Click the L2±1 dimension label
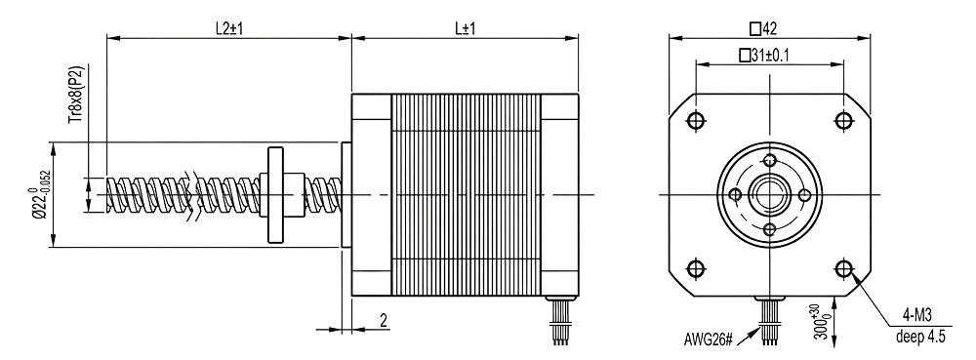coord(227,28)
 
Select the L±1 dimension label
coord(465,28)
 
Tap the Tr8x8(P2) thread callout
coord(77,94)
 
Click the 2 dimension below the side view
coord(384,320)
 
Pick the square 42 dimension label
coord(763,28)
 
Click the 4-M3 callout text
coord(918,316)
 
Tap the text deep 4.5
coord(920,338)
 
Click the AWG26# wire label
coord(709,340)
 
